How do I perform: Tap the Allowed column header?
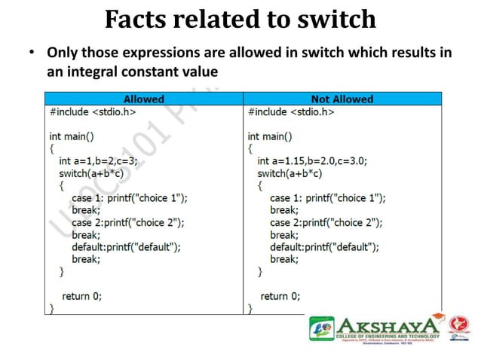[x=143, y=99]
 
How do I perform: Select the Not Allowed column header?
[x=342, y=99]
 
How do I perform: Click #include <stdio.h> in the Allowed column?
[x=93, y=111]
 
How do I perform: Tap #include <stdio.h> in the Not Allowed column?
[x=291, y=111]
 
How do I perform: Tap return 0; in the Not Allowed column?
[x=280, y=296]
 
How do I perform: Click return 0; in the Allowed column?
[x=81, y=296]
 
